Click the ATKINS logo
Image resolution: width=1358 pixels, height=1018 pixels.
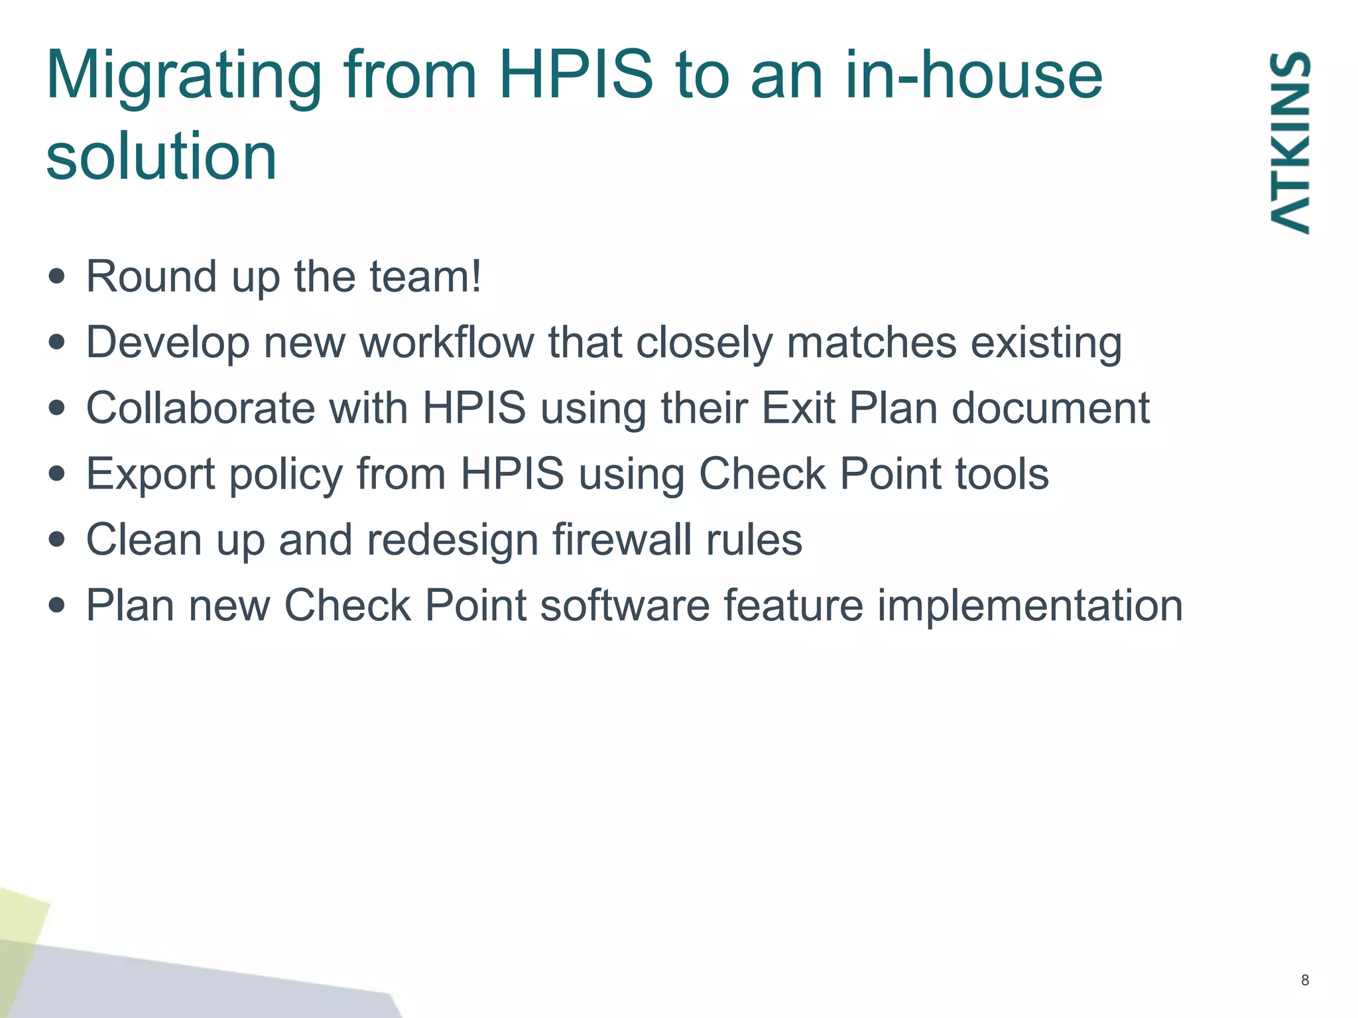tap(1290, 142)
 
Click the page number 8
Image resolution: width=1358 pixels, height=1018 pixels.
tap(1305, 980)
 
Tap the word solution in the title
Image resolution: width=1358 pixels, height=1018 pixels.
tap(161, 156)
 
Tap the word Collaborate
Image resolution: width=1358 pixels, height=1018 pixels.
tap(200, 408)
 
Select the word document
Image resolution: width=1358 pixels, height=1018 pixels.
tap(1050, 408)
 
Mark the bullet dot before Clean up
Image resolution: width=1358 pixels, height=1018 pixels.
tap(58, 539)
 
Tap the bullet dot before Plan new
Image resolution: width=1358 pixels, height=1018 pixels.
tap(58, 605)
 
